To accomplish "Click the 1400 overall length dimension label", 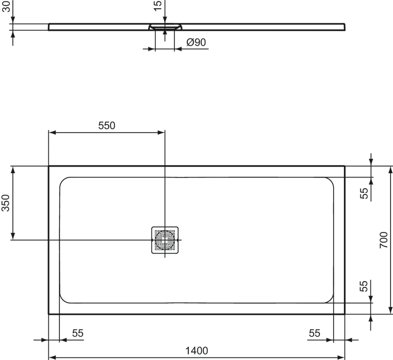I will point(196,350).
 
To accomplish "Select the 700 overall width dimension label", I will point(383,240).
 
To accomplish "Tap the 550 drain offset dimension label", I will point(107,126).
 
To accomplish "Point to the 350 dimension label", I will point(7,203).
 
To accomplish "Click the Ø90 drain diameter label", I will point(196,42).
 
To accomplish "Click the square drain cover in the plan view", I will point(165,240).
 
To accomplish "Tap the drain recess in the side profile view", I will point(165,27).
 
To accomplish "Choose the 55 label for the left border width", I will point(78,333).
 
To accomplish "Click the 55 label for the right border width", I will point(314,333).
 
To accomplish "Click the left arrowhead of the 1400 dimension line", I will point(52,357).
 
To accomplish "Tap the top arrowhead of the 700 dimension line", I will point(390,169).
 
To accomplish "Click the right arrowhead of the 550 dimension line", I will point(161,132).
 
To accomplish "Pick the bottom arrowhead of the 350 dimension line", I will point(13,237).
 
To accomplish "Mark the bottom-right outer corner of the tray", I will point(345,314).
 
